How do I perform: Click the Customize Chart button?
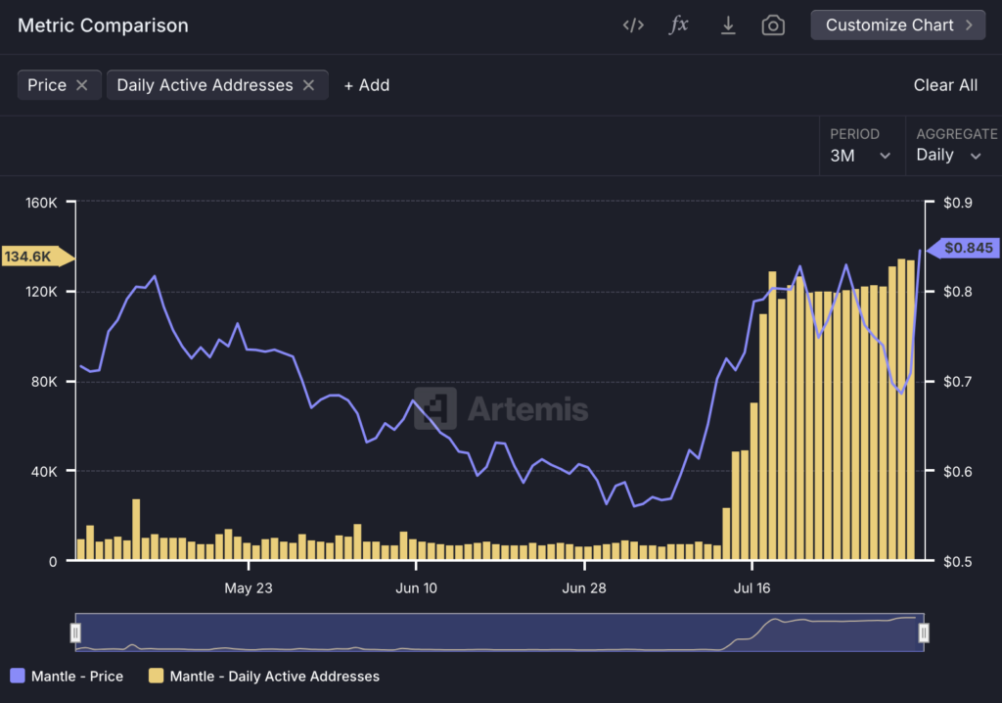(x=897, y=25)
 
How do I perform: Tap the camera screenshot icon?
(x=773, y=25)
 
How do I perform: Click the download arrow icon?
(x=728, y=25)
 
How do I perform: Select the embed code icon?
(x=633, y=25)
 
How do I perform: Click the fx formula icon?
(x=678, y=25)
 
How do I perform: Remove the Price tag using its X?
(x=82, y=85)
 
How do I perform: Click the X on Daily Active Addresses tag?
(x=308, y=85)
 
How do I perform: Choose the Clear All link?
(x=945, y=85)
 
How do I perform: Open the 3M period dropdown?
(x=860, y=155)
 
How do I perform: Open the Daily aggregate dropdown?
(x=948, y=155)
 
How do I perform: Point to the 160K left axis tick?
(x=42, y=203)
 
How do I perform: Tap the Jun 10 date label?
(x=416, y=588)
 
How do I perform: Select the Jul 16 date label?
(x=751, y=588)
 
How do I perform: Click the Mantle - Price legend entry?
(x=68, y=676)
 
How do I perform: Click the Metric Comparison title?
(x=103, y=25)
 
